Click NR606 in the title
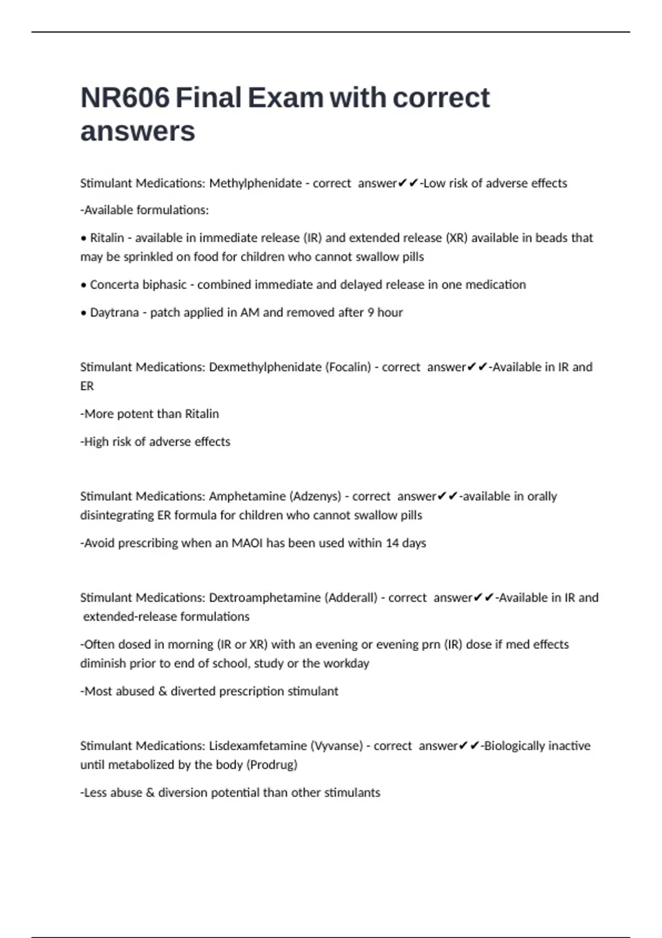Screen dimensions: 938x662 (x=125, y=98)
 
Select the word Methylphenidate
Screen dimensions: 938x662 (x=255, y=183)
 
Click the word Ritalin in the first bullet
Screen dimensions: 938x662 (x=107, y=238)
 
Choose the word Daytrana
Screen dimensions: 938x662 (x=114, y=312)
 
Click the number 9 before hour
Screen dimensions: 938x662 (x=371, y=312)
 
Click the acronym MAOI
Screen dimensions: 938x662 (x=247, y=543)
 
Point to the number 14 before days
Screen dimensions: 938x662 (x=392, y=543)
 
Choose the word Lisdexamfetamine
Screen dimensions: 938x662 (x=258, y=746)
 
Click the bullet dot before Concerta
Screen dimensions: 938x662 (x=84, y=285)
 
